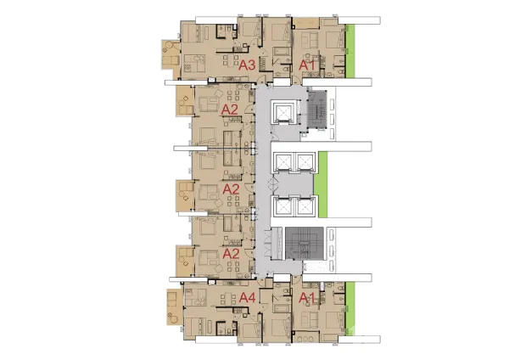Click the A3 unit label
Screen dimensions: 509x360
click(x=247, y=65)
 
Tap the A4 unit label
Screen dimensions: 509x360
click(x=248, y=297)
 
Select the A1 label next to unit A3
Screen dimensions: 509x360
click(x=307, y=65)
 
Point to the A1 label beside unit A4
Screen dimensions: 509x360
click(x=307, y=297)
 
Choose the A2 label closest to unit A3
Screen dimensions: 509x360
click(x=230, y=110)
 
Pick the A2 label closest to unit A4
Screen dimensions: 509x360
click(x=231, y=253)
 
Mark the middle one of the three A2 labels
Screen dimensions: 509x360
click(x=231, y=188)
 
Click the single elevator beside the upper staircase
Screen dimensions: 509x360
click(x=283, y=112)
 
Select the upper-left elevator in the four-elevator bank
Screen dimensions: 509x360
click(x=284, y=162)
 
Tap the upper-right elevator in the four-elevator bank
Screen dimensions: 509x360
click(x=305, y=162)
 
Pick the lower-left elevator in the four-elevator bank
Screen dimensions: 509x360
click(x=284, y=206)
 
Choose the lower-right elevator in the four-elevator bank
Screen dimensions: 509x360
click(x=305, y=206)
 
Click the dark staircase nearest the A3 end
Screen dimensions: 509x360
click(x=317, y=110)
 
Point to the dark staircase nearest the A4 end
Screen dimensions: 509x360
click(x=305, y=244)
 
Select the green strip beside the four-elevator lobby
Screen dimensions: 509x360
click(x=322, y=185)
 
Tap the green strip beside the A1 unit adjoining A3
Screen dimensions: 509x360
click(x=350, y=51)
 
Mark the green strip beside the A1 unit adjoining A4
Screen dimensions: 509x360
click(x=350, y=308)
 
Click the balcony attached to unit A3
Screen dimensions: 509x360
click(x=171, y=54)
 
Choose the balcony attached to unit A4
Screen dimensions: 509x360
click(x=175, y=307)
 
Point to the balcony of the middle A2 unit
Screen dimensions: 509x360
click(x=185, y=196)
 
